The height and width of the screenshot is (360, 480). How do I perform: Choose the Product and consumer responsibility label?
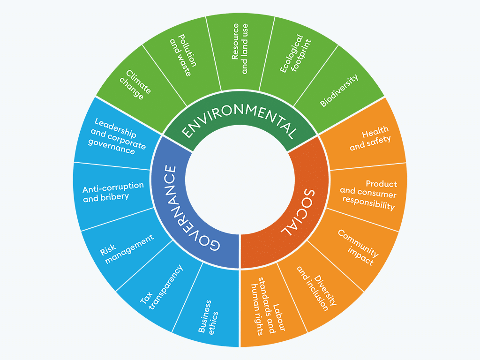pyautogui.click(x=368, y=195)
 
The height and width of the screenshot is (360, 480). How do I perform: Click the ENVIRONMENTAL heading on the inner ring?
pyautogui.click(x=240, y=119)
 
